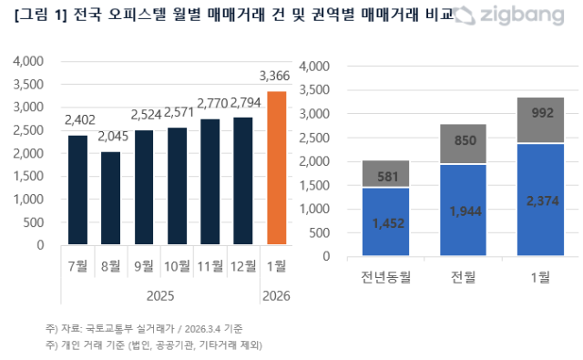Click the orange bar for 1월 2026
tap(277, 168)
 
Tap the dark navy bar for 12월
tap(244, 180)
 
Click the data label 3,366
tap(276, 76)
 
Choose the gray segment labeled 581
tap(387, 173)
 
